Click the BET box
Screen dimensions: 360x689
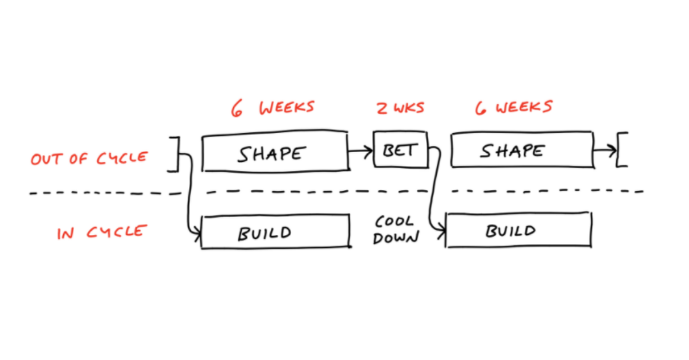tap(400, 150)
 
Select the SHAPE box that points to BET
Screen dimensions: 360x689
tap(274, 153)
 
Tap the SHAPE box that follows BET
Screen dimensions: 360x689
tap(521, 150)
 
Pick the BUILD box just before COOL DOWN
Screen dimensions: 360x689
tap(275, 231)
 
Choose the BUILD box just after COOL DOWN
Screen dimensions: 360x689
tap(518, 230)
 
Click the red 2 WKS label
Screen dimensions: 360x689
tap(400, 108)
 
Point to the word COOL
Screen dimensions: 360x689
tap(394, 222)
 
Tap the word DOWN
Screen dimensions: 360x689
tap(396, 238)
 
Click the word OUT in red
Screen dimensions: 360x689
tap(45, 159)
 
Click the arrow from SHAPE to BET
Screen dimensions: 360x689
tap(360, 152)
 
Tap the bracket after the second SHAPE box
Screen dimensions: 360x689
tap(621, 149)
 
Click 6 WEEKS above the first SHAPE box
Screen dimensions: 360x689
tap(273, 108)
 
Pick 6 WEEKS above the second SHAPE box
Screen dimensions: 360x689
tap(514, 107)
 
